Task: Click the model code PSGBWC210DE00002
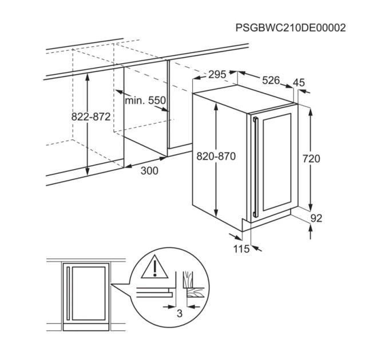tap(290, 28)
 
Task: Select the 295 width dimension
tap(217, 74)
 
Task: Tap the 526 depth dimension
tap(271, 80)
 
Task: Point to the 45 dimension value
tap(299, 82)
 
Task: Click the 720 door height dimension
tap(311, 158)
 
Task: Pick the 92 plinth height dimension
tap(316, 218)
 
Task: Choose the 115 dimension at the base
tap(241, 249)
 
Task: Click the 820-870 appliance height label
tap(216, 157)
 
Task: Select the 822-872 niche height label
tap(91, 117)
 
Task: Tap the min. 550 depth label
tap(145, 101)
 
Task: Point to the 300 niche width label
tap(149, 171)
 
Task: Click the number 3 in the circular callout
tap(180, 313)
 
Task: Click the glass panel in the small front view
tap(89, 294)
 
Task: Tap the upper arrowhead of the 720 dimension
tap(311, 112)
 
